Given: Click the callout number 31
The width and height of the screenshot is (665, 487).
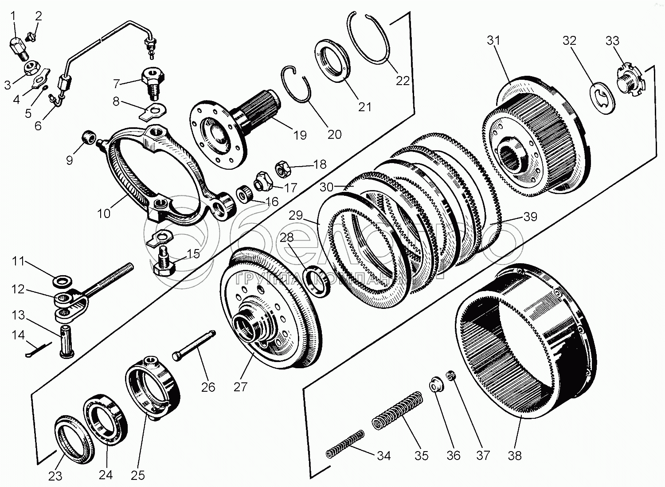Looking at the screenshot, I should pos(493,41).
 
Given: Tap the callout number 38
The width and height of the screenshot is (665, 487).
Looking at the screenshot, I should pos(515,455).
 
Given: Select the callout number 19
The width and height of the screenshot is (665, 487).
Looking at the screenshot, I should pos(300,135).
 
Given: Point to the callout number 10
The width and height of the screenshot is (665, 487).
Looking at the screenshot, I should pos(104,213).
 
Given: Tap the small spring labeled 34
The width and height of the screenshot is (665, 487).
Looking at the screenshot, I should pos(345,444).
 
